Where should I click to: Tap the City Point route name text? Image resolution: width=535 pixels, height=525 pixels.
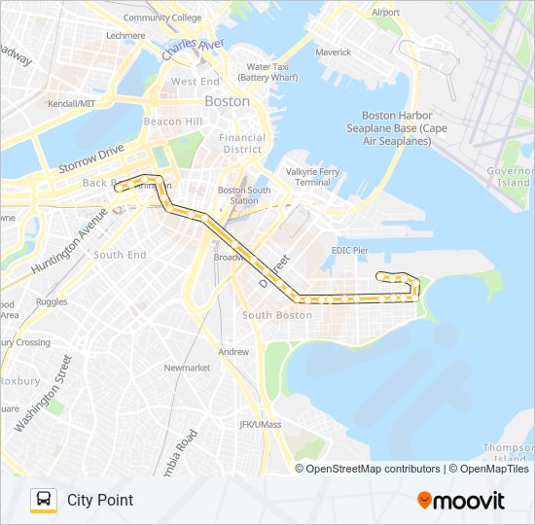point(100,500)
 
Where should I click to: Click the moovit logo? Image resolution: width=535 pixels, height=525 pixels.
point(461,501)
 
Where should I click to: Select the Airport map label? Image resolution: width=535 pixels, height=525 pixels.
point(386,13)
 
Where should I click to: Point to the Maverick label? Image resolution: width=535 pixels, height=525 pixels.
point(334,52)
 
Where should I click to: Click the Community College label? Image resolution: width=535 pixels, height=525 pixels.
point(162,17)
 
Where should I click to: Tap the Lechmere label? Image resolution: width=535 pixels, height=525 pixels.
point(125,35)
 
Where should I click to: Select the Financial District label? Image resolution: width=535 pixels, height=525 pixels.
point(242,143)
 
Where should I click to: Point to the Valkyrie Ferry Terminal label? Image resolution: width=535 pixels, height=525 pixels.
point(312,177)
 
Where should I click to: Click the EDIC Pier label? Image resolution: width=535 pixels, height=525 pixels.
point(350,250)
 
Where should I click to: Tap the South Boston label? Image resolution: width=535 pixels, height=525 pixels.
point(277,315)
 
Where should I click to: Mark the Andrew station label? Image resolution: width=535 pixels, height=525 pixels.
point(233,352)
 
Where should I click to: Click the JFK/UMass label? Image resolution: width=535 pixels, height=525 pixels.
point(260,425)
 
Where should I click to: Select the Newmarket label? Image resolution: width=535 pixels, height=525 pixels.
point(187,367)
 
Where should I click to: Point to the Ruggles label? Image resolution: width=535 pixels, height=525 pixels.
point(52,302)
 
